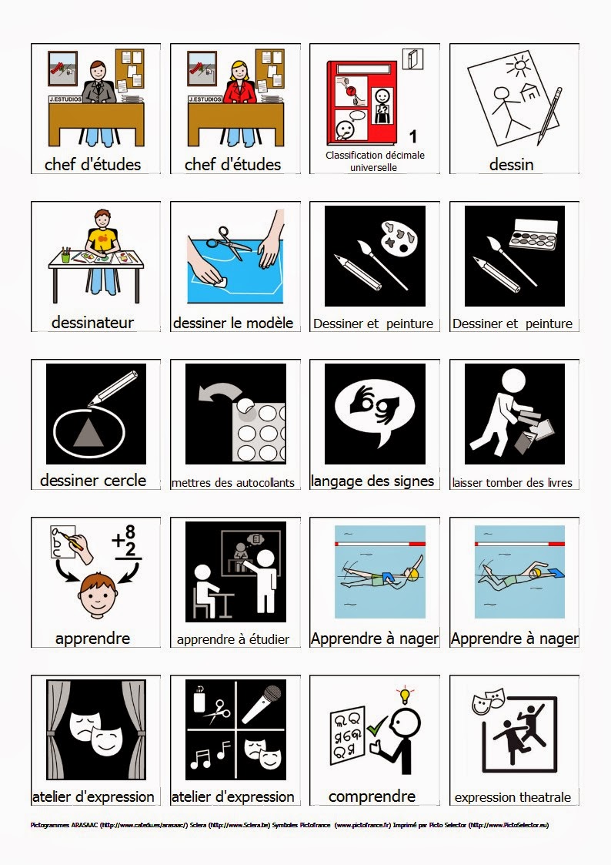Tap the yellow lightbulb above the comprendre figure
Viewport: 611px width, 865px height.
[x=402, y=696]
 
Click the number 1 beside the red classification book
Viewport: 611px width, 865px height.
[x=413, y=136]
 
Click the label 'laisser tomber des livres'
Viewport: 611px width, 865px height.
[x=513, y=483]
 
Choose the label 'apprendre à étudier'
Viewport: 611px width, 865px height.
[x=233, y=639]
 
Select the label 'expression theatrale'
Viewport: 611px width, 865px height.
[x=513, y=797]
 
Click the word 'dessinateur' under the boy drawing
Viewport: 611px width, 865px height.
[x=92, y=323]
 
